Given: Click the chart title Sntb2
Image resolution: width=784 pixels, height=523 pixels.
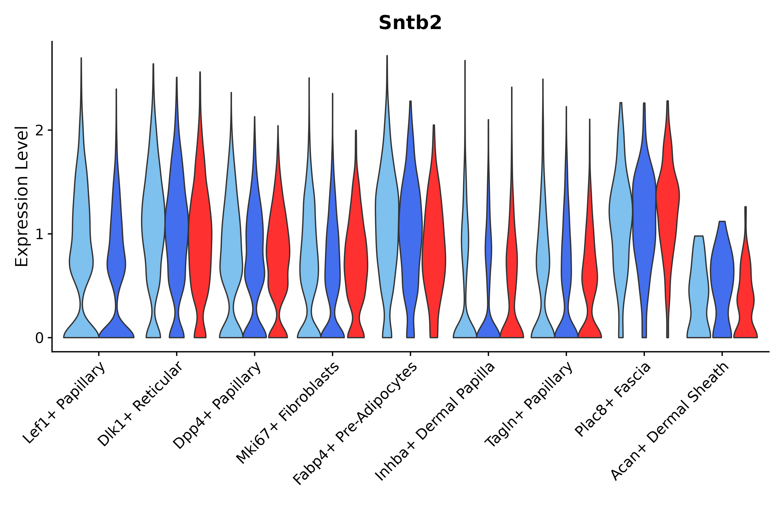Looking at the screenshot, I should pos(410,23).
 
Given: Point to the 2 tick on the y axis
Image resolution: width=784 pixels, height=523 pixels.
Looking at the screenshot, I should pos(39,130).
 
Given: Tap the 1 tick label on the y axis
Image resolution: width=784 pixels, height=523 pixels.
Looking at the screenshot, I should pos(39,234).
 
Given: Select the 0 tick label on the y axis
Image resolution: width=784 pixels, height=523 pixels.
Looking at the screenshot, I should pos(39,338).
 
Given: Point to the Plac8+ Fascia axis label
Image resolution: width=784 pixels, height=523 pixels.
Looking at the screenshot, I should pos(613,400).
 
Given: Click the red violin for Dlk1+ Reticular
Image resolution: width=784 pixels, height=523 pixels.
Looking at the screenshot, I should pos(200,234).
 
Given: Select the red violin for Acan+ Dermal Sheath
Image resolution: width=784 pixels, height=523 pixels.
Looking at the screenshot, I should pos(745,293).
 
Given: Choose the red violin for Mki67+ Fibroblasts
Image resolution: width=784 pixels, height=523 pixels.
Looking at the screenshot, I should pos(356,260).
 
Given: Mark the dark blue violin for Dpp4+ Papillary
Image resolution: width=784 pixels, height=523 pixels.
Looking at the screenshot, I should pos(255,260).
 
